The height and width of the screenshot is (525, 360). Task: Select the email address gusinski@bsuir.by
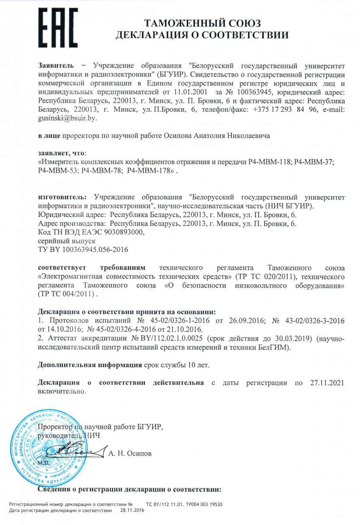[x=67, y=118]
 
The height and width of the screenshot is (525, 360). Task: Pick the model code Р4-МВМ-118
[x=269, y=162]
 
